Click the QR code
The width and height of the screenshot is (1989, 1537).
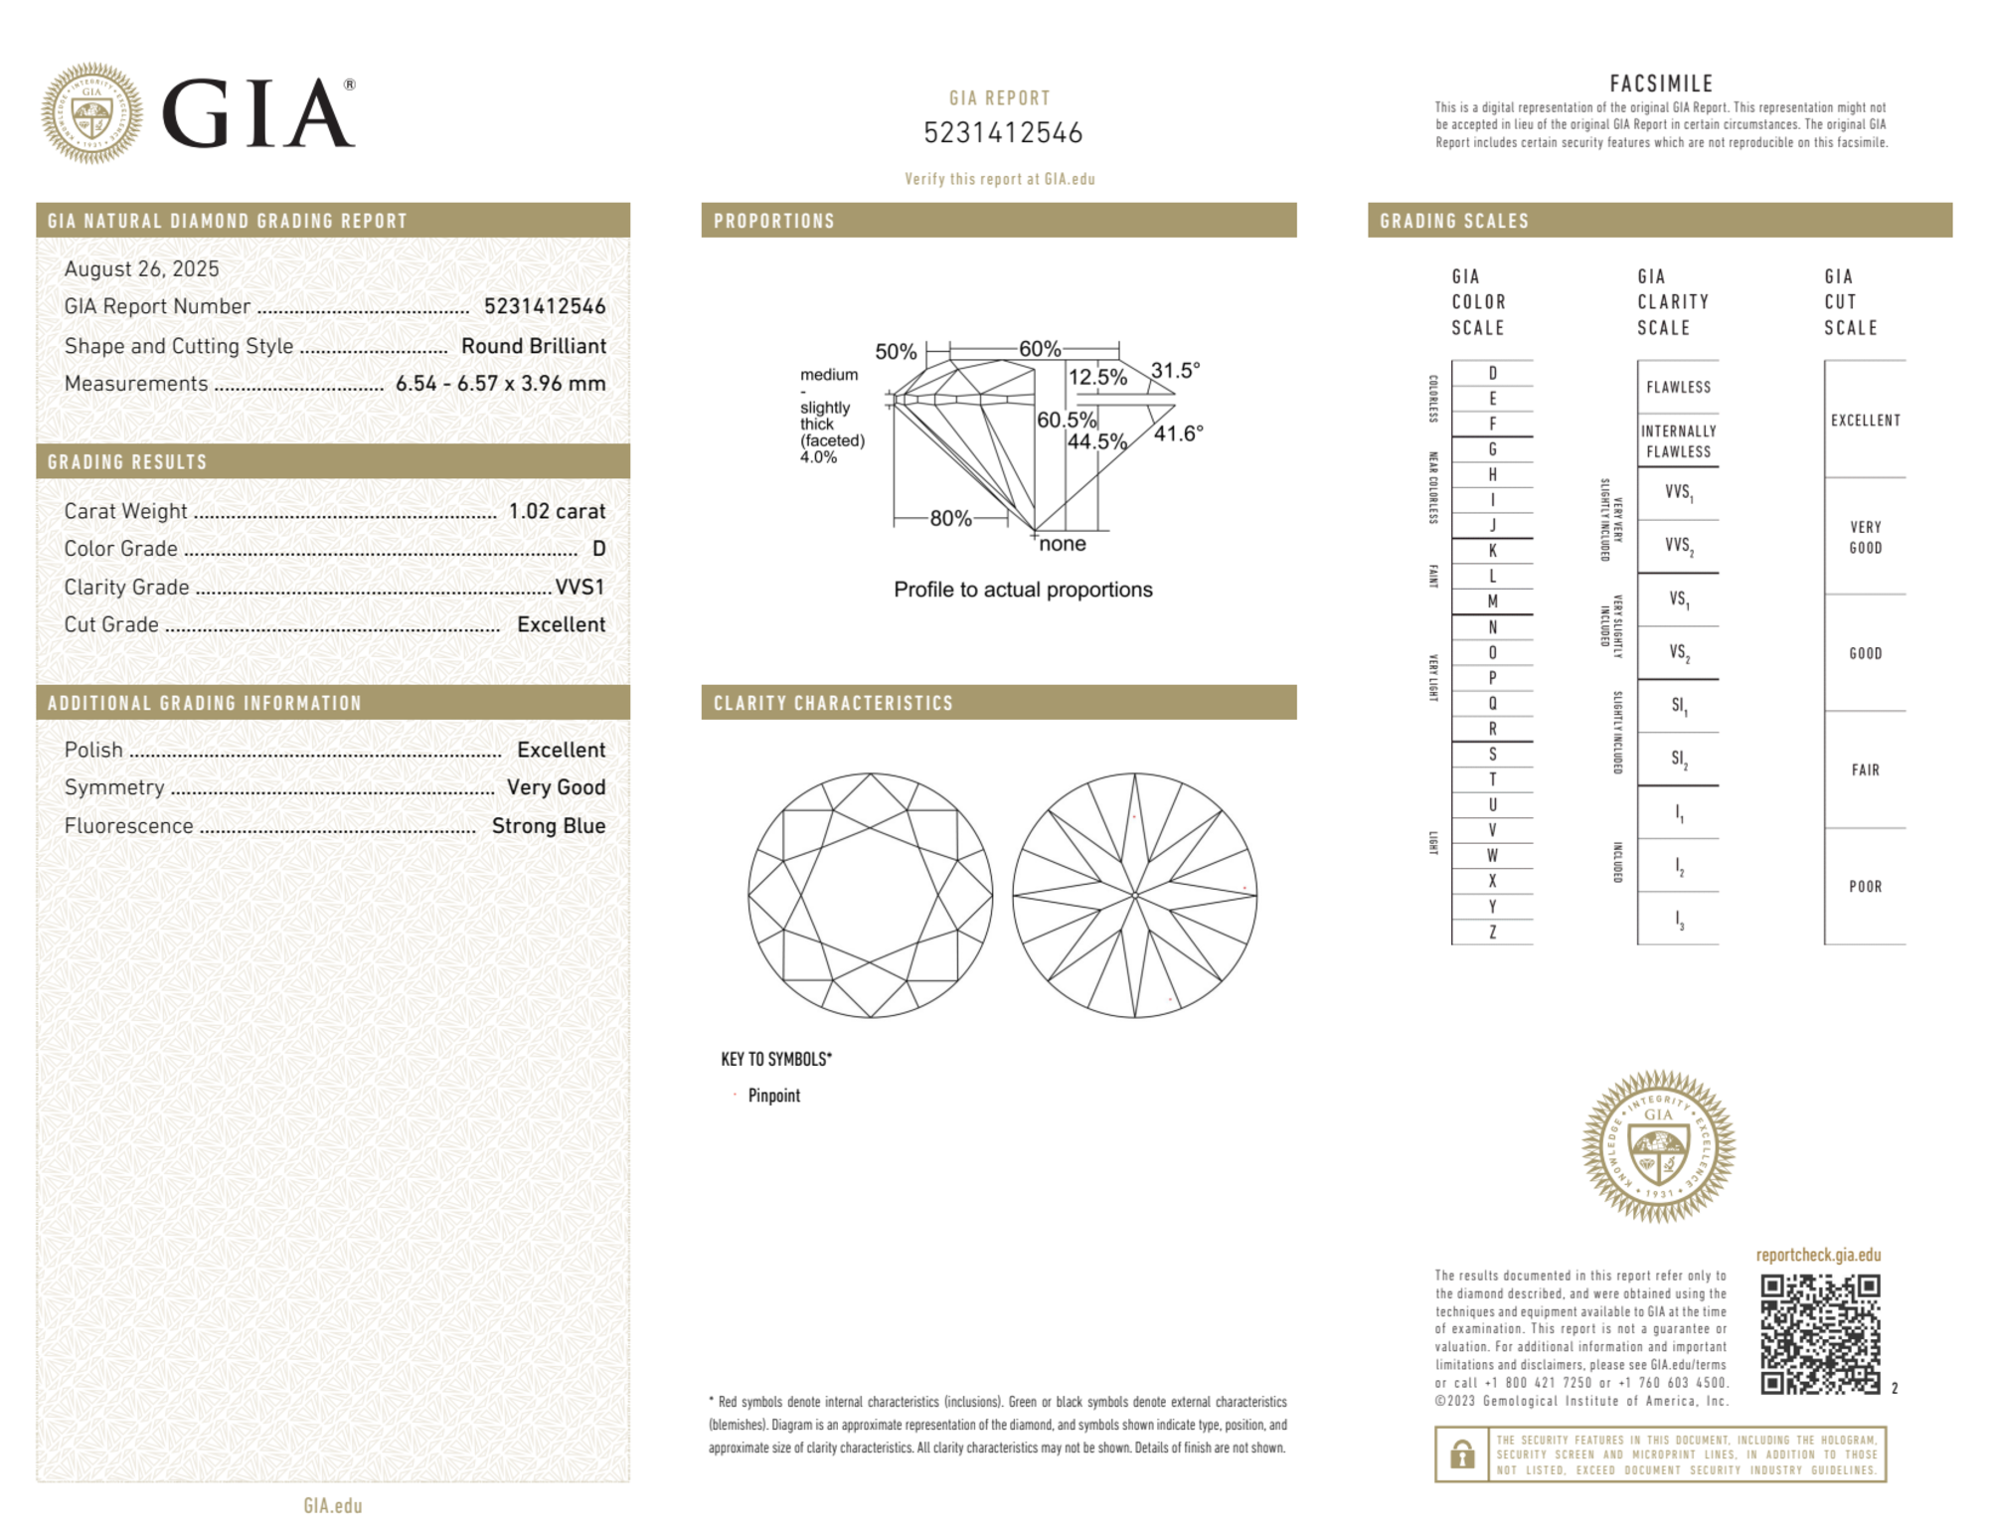click(1819, 1333)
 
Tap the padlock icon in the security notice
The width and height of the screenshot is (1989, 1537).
click(1461, 1454)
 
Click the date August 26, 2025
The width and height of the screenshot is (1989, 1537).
click(141, 268)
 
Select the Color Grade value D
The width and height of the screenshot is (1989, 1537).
click(598, 549)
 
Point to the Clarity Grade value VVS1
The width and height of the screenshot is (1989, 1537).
click(580, 587)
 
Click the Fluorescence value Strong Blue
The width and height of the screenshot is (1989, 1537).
click(548, 825)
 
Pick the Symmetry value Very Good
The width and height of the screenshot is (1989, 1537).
click(556, 787)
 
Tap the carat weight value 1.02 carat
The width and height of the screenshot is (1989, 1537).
click(557, 511)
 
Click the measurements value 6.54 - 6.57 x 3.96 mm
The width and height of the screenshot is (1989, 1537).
click(500, 384)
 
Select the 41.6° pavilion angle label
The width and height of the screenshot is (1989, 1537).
click(1178, 433)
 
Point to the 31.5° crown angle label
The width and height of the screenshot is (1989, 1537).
click(1175, 371)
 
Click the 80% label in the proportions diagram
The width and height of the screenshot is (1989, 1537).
click(950, 518)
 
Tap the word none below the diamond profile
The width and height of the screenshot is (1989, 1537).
click(1062, 544)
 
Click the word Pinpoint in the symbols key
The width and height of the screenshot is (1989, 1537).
click(773, 1096)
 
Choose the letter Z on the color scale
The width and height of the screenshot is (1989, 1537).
click(1492, 932)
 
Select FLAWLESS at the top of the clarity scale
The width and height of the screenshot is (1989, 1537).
click(1678, 387)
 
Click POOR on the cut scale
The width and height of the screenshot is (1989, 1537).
click(1865, 886)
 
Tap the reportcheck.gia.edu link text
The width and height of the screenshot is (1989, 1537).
click(1818, 1255)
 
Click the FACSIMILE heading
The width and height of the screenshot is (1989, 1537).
click(1661, 84)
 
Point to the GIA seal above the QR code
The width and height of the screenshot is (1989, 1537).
click(1658, 1145)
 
